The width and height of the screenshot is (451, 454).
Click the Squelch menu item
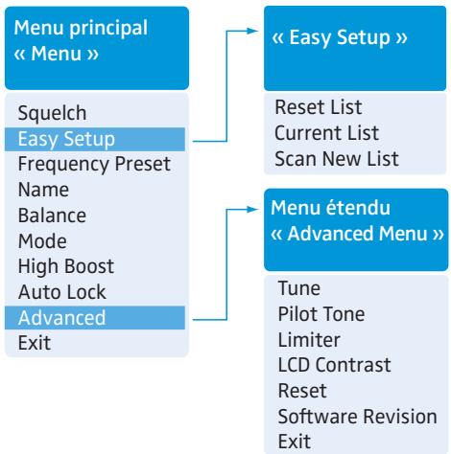(52, 113)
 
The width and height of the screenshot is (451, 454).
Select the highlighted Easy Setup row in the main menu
(95, 139)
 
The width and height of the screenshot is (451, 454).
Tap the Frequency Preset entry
(94, 164)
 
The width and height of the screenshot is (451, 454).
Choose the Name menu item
(43, 190)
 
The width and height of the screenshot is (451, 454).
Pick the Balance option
(52, 216)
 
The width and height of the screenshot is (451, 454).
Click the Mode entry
(42, 240)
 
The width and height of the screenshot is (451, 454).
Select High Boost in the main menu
(66, 267)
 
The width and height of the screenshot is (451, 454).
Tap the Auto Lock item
(62, 292)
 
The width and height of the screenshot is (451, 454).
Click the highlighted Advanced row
(95, 318)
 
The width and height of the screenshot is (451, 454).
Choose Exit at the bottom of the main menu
(35, 343)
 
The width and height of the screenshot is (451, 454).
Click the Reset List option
(319, 106)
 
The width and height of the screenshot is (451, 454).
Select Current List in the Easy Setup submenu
(326, 133)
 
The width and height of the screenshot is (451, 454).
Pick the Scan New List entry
(337, 158)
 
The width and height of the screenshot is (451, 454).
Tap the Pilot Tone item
(321, 314)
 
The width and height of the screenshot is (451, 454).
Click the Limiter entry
(309, 339)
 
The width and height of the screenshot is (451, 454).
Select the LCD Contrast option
(335, 365)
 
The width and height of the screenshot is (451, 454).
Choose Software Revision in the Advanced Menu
(358, 417)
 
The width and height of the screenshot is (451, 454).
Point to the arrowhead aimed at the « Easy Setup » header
(252, 31)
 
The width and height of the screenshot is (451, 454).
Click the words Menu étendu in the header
(330, 208)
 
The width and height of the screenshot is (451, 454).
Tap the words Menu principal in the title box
(81, 29)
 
